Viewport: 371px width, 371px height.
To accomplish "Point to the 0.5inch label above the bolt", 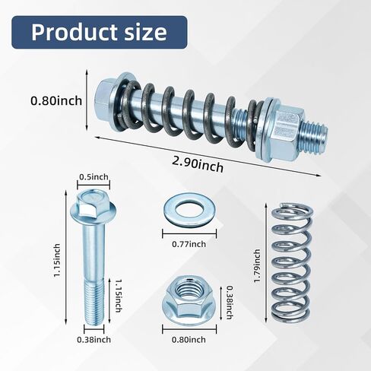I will click(94, 177).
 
